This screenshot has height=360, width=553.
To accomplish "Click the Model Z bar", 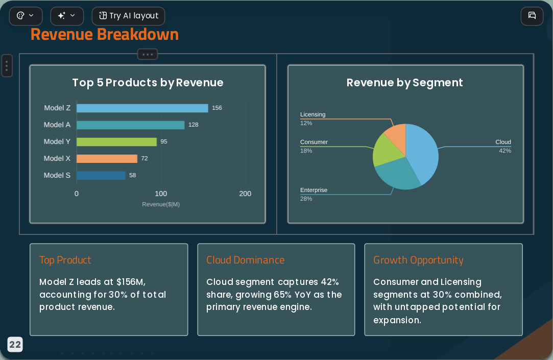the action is coord(142,108).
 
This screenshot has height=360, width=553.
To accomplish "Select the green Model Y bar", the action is coord(116,142).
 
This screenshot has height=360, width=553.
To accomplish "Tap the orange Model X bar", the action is coord(107,159).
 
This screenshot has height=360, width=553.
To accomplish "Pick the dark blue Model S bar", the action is coord(101,175).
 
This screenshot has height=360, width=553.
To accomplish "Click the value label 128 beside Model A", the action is coord(193,125).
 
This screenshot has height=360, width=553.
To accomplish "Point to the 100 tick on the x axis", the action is coord(161,194).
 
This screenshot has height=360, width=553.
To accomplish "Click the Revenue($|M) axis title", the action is coord(161,204).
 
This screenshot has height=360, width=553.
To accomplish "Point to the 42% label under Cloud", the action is coord(505,151).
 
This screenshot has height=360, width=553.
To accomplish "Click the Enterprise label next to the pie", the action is coord(314,190).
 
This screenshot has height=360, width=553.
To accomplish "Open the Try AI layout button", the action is coord(128,16).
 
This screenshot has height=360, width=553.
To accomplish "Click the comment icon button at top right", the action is coord(532,15).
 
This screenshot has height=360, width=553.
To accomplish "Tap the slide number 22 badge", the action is coord(15,345).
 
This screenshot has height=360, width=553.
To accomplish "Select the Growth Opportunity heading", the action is coord(418,260).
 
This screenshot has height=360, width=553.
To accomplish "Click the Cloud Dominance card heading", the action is coord(246,260).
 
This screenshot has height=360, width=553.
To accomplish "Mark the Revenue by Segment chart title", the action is coord(404,83).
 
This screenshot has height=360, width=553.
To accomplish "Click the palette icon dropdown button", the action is coord(26,16).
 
